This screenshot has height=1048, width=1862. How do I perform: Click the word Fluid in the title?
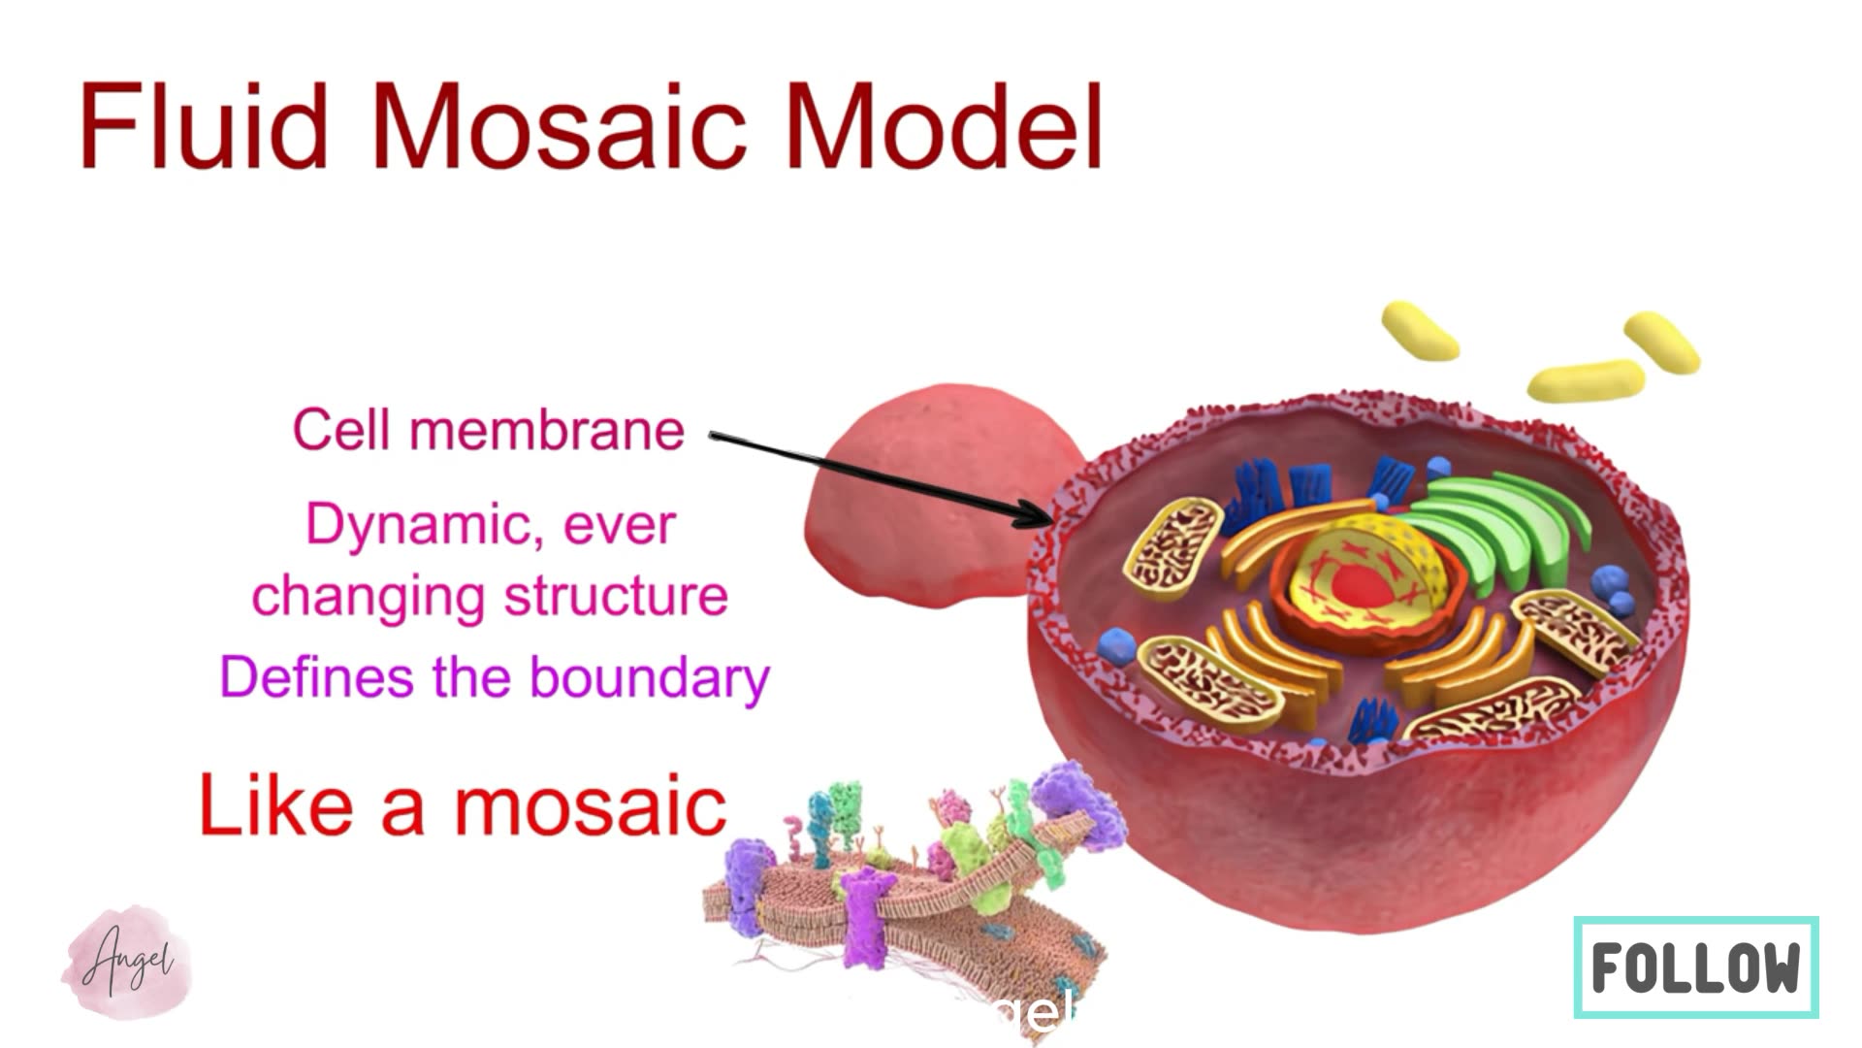[x=204, y=127]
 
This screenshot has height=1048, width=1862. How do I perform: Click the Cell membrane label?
[x=488, y=430]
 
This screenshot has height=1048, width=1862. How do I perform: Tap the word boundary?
[x=650, y=677]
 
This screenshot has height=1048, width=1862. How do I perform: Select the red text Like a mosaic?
[x=463, y=806]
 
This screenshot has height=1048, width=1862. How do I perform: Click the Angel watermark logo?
[x=126, y=962]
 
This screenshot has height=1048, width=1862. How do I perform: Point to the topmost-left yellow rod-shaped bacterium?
[x=1419, y=330]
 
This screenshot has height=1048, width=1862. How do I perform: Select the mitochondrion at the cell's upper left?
[x=1172, y=543]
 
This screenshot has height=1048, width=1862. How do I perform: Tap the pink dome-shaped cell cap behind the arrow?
[x=931, y=475]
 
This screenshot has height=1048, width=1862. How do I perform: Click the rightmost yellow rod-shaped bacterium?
[x=1661, y=342]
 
